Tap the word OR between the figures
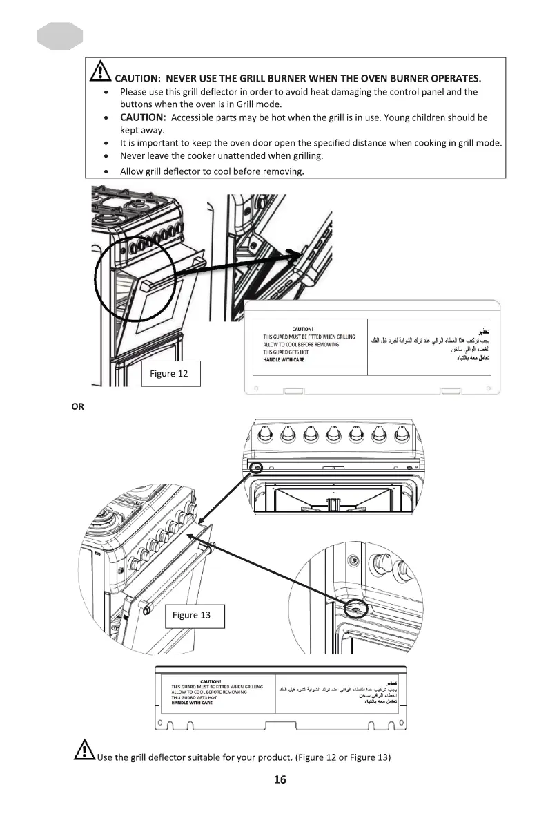pos(77,407)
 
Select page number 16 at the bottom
pos(280,780)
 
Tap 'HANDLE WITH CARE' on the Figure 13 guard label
pos(193,703)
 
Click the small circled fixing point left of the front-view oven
pos(256,467)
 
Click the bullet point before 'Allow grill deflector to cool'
pos(105,171)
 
